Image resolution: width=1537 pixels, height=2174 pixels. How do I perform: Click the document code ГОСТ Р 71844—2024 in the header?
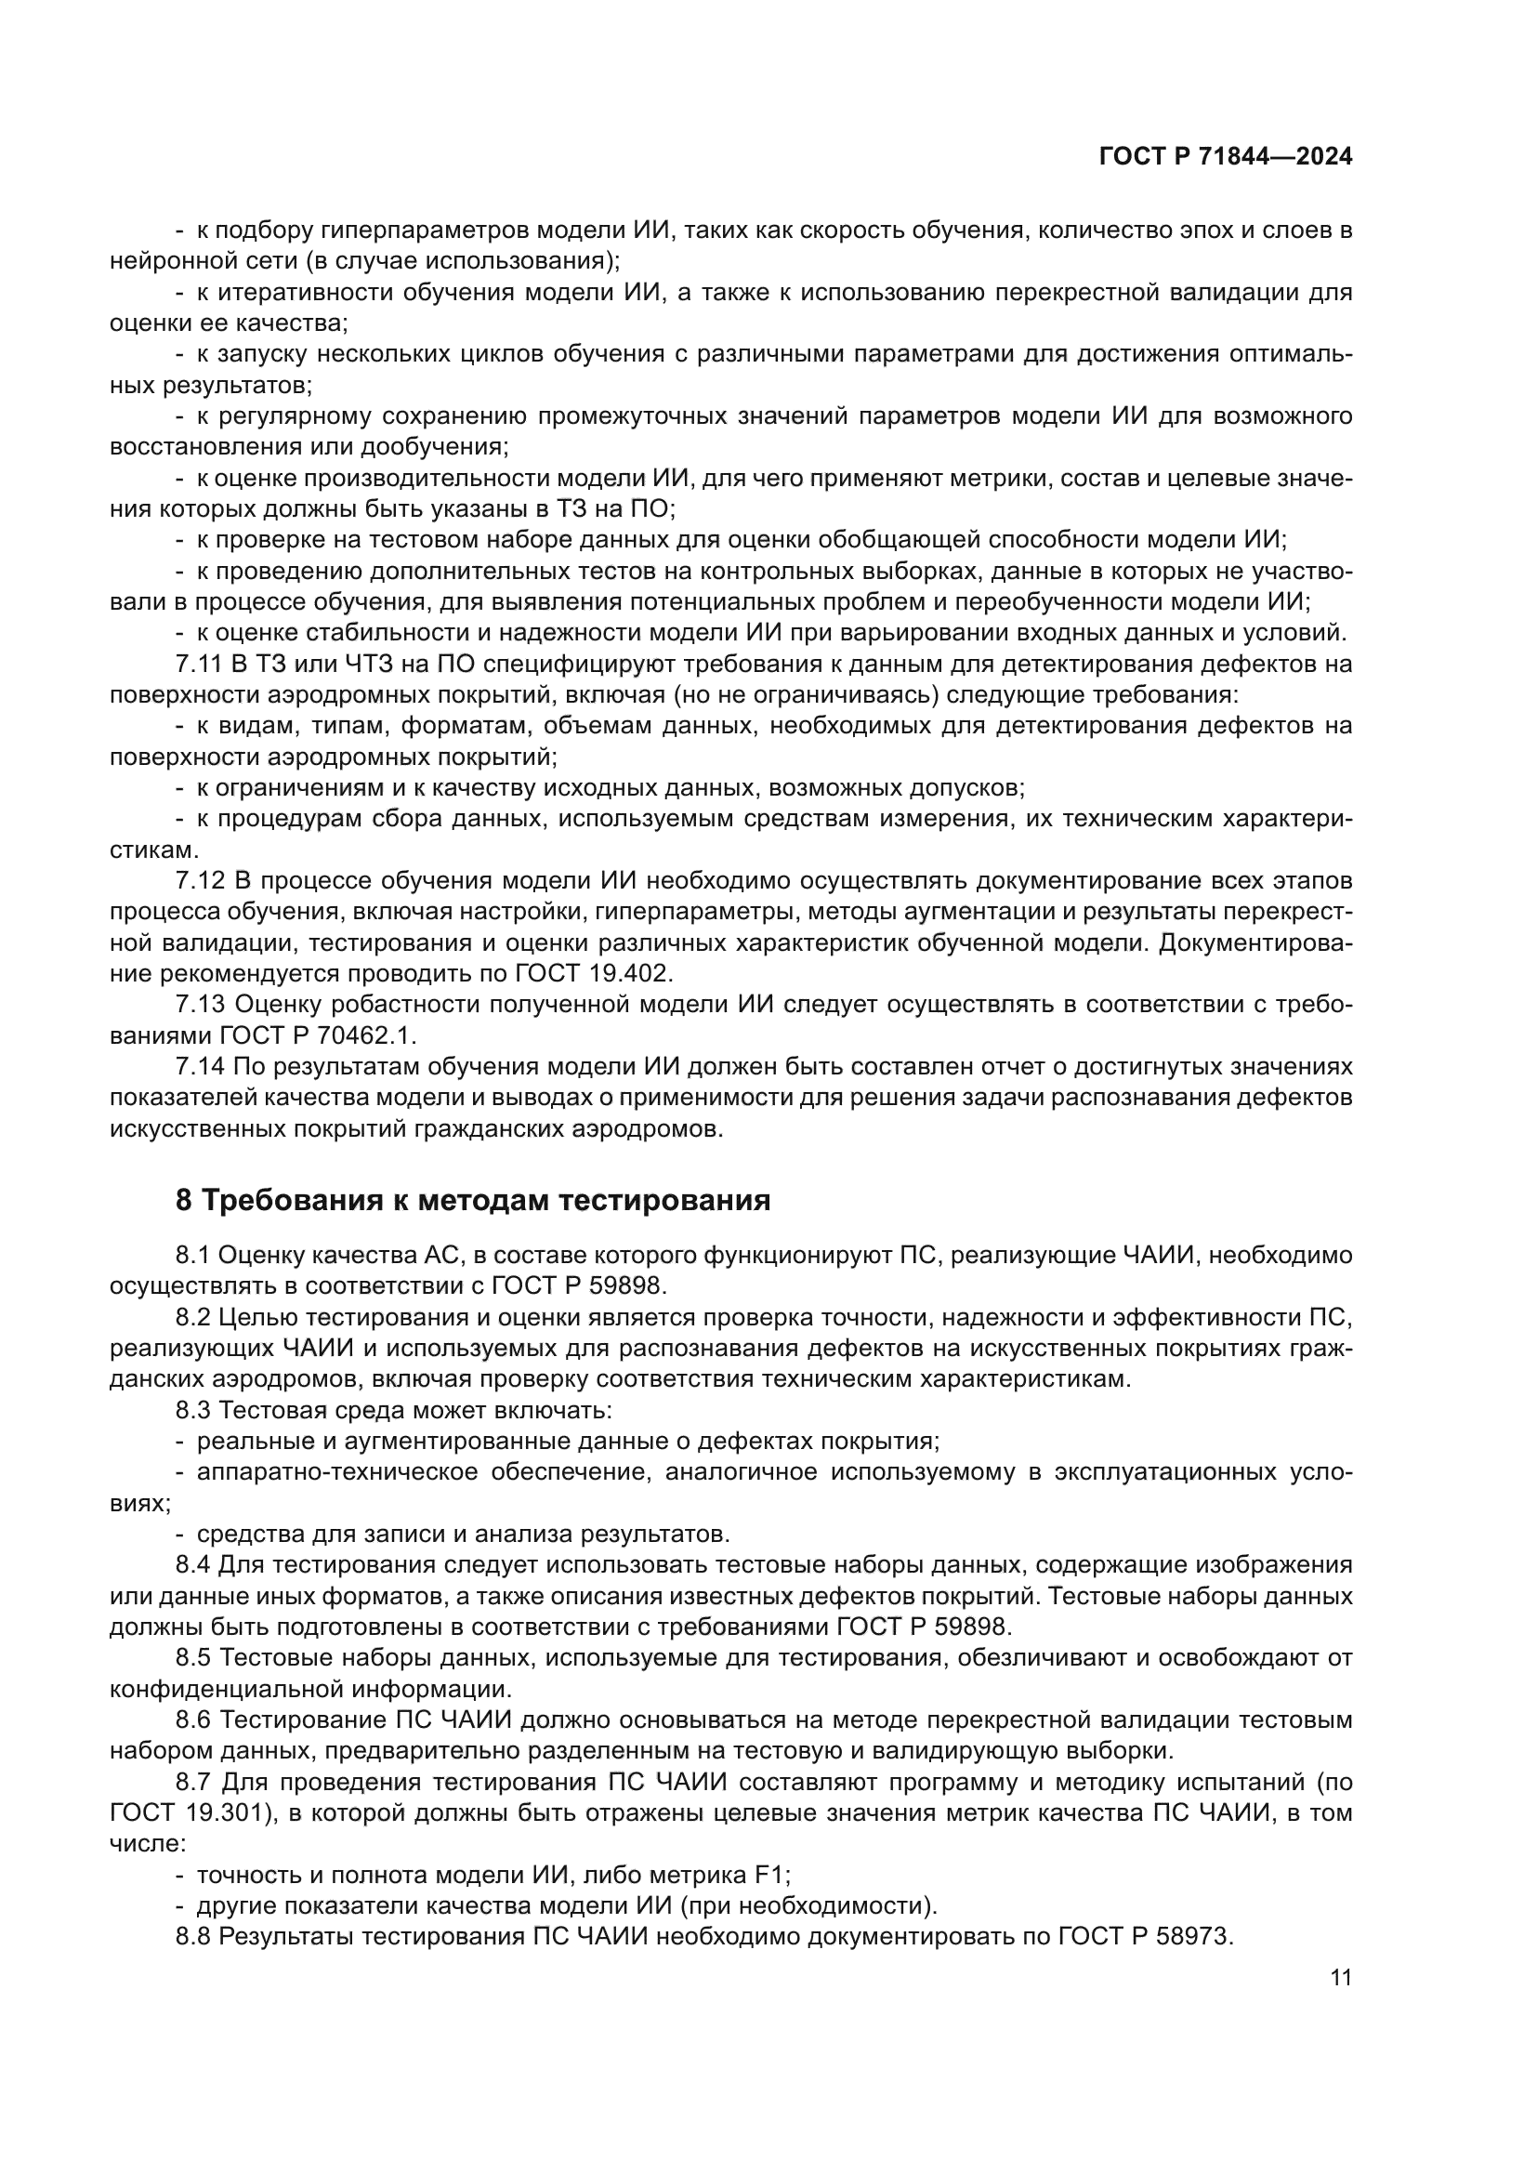click(x=1226, y=157)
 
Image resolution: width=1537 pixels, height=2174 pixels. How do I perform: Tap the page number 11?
click(x=1340, y=1978)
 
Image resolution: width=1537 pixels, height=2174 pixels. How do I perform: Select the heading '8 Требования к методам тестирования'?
click(x=472, y=1201)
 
